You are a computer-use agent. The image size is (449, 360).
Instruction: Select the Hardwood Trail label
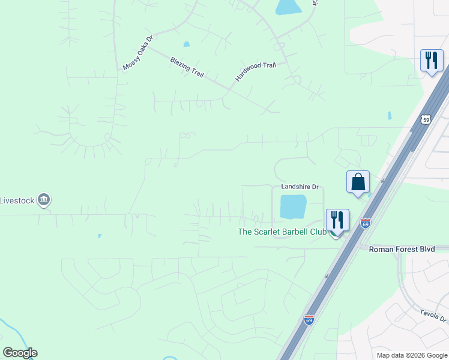(256, 72)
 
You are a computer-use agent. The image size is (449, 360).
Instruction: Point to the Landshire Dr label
(299, 187)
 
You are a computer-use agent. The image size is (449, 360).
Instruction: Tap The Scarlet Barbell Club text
(282, 232)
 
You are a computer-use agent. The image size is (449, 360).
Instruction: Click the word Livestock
(15, 200)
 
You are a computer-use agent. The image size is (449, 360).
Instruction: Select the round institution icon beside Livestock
(43, 200)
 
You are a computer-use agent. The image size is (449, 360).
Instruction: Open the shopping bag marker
(358, 181)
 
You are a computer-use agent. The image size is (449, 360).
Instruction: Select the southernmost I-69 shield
(309, 320)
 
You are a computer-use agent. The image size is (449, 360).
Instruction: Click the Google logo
(20, 353)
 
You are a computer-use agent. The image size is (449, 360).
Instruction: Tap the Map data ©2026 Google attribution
(411, 355)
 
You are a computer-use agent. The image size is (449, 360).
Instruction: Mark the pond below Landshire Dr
(293, 207)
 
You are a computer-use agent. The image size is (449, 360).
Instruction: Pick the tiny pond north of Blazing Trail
(186, 44)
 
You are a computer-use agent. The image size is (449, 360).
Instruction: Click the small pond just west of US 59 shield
(390, 115)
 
